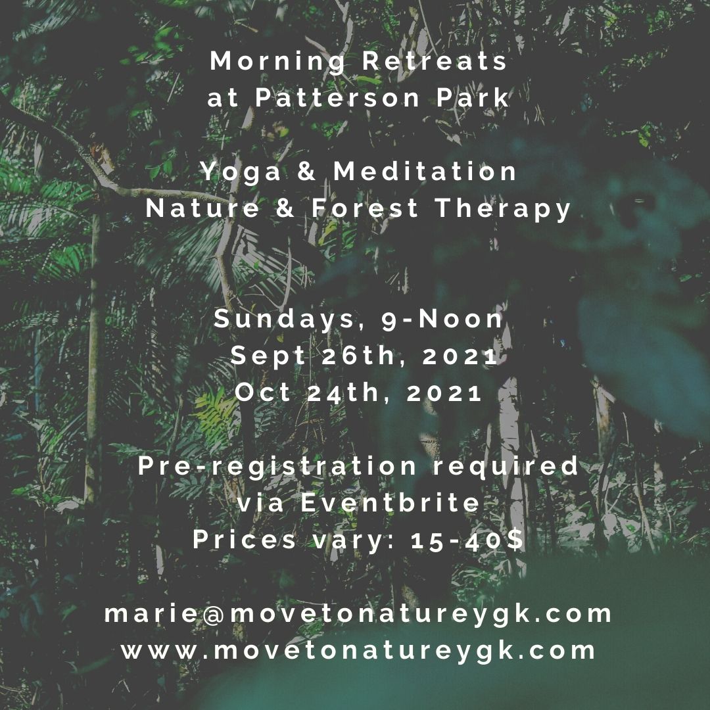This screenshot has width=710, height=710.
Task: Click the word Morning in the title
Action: click(277, 62)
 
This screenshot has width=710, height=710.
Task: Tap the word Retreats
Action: click(435, 60)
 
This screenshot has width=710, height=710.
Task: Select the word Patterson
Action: click(337, 97)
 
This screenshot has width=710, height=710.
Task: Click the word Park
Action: click(473, 97)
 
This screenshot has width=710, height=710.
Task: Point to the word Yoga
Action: click(241, 172)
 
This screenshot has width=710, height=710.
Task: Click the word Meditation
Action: click(425, 171)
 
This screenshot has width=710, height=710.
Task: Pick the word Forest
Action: click(365, 208)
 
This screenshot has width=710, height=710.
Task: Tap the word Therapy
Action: click(503, 209)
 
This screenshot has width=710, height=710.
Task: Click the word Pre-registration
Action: click(277, 467)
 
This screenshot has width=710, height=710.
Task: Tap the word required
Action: click(506, 467)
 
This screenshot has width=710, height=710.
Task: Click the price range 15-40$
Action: click(467, 540)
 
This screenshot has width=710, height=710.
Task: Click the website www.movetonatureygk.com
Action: click(358, 651)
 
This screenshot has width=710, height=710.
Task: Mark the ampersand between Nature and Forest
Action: click(286, 208)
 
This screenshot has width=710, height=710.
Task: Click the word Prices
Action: click(245, 539)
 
